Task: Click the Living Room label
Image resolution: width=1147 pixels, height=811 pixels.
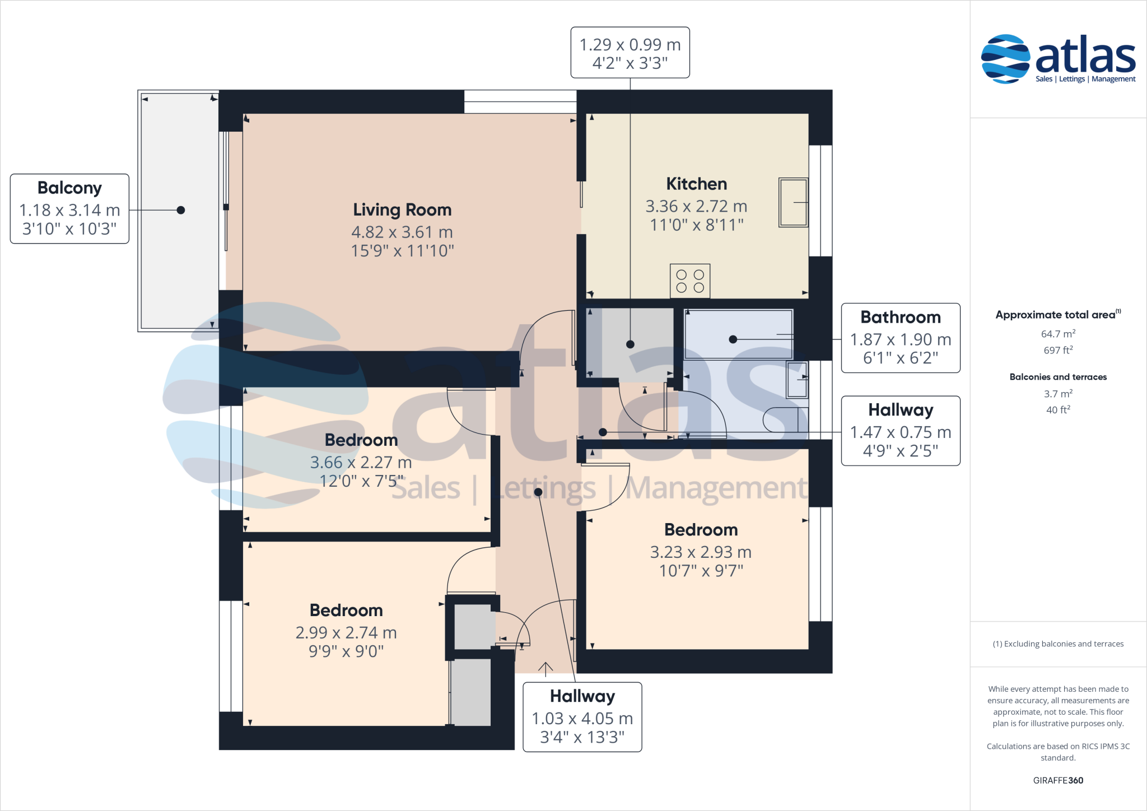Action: [x=402, y=209]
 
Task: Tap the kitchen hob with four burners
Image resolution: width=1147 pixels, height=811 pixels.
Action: [x=690, y=281]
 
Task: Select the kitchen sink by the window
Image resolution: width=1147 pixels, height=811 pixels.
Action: [x=793, y=202]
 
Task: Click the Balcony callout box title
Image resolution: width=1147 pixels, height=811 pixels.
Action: [x=69, y=188]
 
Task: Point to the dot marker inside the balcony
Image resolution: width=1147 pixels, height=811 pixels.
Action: [x=181, y=210]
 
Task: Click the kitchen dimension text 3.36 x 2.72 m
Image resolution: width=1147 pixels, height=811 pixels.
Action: [x=696, y=206]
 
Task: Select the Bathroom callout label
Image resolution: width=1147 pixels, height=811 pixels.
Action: [x=901, y=317]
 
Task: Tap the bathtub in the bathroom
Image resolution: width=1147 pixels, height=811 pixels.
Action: [x=739, y=335]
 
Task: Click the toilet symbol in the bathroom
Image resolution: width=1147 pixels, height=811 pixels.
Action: [x=784, y=420]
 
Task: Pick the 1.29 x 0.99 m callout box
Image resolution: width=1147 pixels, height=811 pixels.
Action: [x=630, y=53]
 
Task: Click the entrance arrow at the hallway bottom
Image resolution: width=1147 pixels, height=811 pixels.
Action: [x=545, y=668]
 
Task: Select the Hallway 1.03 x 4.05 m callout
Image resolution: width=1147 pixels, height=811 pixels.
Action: [x=582, y=717]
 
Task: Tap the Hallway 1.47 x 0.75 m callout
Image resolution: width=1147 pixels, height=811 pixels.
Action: [x=901, y=431]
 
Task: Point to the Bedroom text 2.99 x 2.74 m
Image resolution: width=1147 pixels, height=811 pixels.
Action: [x=346, y=632]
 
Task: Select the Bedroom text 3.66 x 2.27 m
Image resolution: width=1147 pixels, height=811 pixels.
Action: [x=361, y=462]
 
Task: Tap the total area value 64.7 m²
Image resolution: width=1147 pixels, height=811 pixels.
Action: [x=1058, y=334]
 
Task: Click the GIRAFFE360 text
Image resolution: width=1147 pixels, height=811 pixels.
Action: [x=1058, y=780]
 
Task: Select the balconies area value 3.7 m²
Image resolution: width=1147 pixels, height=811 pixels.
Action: [x=1058, y=394]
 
